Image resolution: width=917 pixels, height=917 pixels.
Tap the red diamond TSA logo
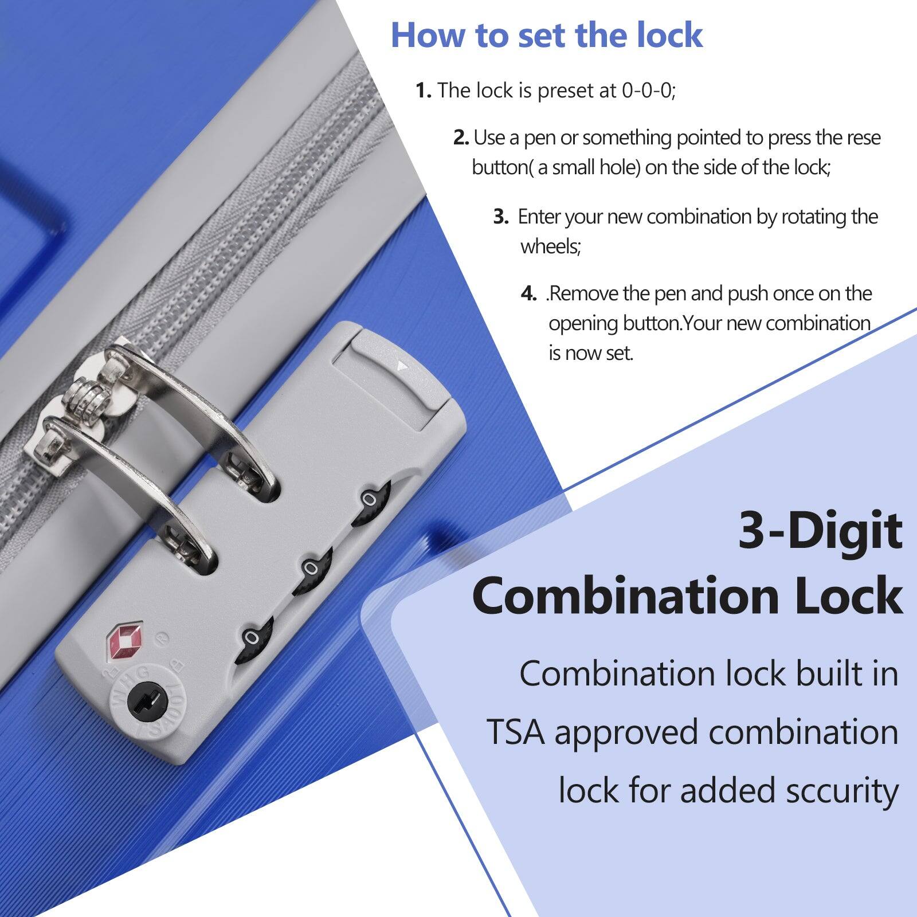(124, 641)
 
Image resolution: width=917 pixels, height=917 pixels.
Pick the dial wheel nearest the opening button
(370, 500)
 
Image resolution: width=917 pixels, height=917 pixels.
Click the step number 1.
(423, 91)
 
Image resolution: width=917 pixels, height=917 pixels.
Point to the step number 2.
(461, 138)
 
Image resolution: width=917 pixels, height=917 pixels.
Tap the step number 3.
(500, 217)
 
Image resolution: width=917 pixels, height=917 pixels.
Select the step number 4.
(528, 294)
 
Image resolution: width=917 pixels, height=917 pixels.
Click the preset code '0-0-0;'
(648, 91)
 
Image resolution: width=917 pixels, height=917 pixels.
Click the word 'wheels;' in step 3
(550, 247)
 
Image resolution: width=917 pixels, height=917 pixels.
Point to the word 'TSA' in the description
(515, 732)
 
